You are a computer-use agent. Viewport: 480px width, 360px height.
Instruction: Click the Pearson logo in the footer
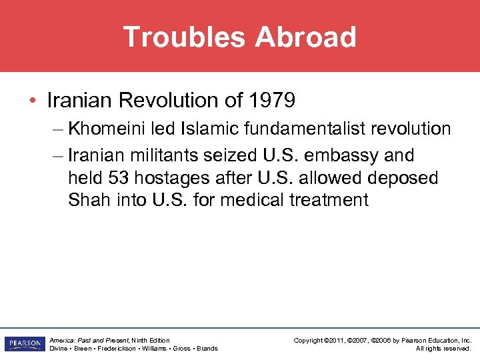23,344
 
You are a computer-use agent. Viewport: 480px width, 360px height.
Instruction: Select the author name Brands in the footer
207,349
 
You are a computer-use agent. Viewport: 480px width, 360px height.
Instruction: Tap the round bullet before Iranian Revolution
33,101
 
